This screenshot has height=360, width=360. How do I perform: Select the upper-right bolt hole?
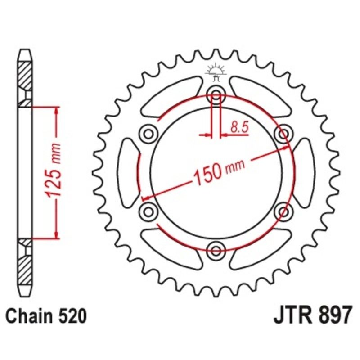[x=283, y=133]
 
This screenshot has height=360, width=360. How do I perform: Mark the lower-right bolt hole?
[x=283, y=210]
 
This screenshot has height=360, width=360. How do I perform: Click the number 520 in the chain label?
[x=71, y=317]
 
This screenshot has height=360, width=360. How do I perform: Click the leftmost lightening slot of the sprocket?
[x=128, y=172]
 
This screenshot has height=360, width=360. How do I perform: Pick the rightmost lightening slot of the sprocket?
[x=304, y=172]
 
